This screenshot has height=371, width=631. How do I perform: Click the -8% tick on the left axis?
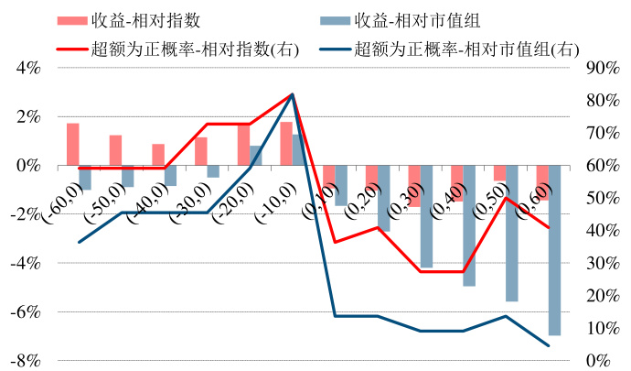[26, 360]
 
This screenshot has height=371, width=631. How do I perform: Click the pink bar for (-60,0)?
[72, 145]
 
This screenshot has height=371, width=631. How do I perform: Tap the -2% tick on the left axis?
[26, 214]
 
